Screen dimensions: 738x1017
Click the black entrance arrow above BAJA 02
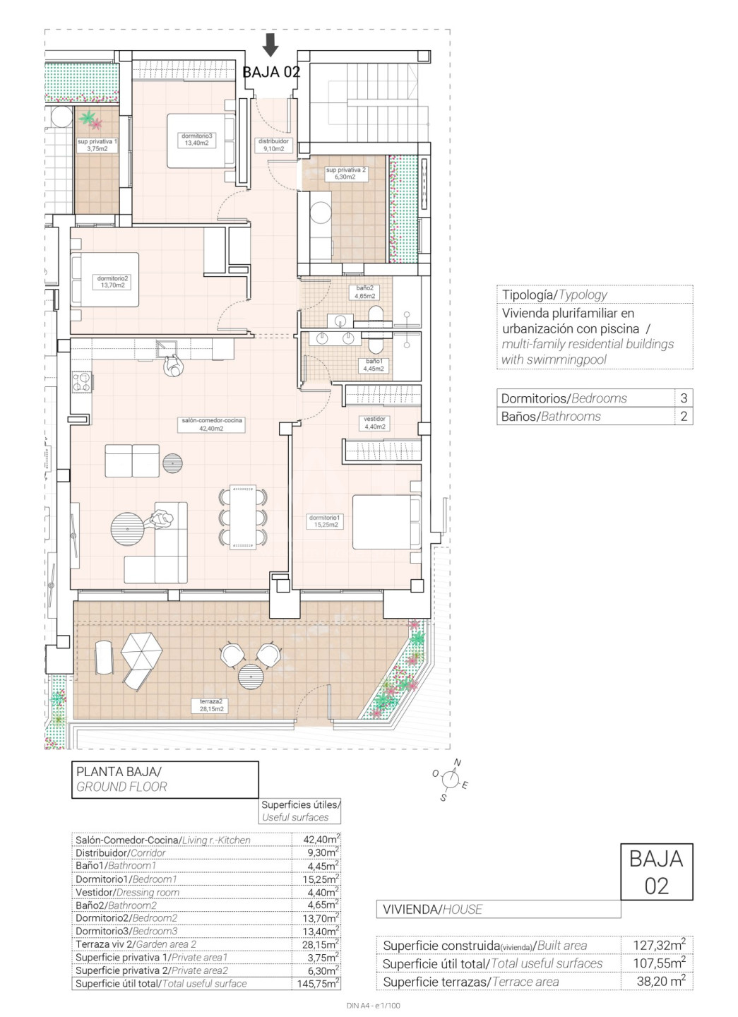270,44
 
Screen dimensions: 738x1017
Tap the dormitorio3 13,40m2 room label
196,139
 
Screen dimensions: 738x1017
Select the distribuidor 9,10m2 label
273,145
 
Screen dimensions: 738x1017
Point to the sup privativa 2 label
345,173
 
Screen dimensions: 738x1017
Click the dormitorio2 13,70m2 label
112,282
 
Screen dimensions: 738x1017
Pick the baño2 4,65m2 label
364,292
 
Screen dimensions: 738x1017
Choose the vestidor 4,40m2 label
374,422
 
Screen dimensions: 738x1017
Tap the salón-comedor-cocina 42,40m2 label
211,424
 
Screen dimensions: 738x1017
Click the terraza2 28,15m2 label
211,705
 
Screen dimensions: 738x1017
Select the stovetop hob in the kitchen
82,381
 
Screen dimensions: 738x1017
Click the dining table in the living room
243,517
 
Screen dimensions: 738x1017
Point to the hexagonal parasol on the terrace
142,650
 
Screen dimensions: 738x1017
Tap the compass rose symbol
451,780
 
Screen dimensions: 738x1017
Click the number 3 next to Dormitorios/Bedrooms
684,398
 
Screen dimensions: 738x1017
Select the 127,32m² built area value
659,945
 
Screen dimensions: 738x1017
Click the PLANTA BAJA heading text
119,771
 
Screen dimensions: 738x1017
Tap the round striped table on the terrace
251,677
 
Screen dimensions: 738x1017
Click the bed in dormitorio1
387,522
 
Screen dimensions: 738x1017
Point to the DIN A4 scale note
373,1006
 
